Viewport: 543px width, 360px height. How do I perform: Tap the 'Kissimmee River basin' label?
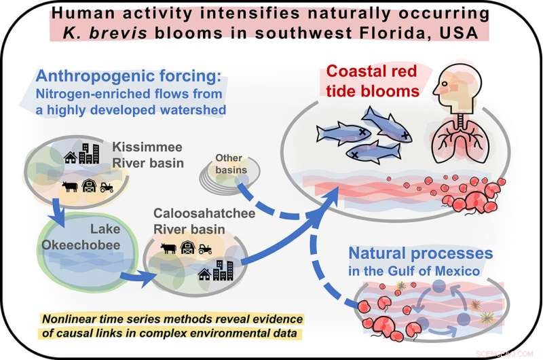coord(140,155)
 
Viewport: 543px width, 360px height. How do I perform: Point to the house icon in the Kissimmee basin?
coord(70,158)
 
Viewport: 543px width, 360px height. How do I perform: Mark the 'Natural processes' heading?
coord(420,254)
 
